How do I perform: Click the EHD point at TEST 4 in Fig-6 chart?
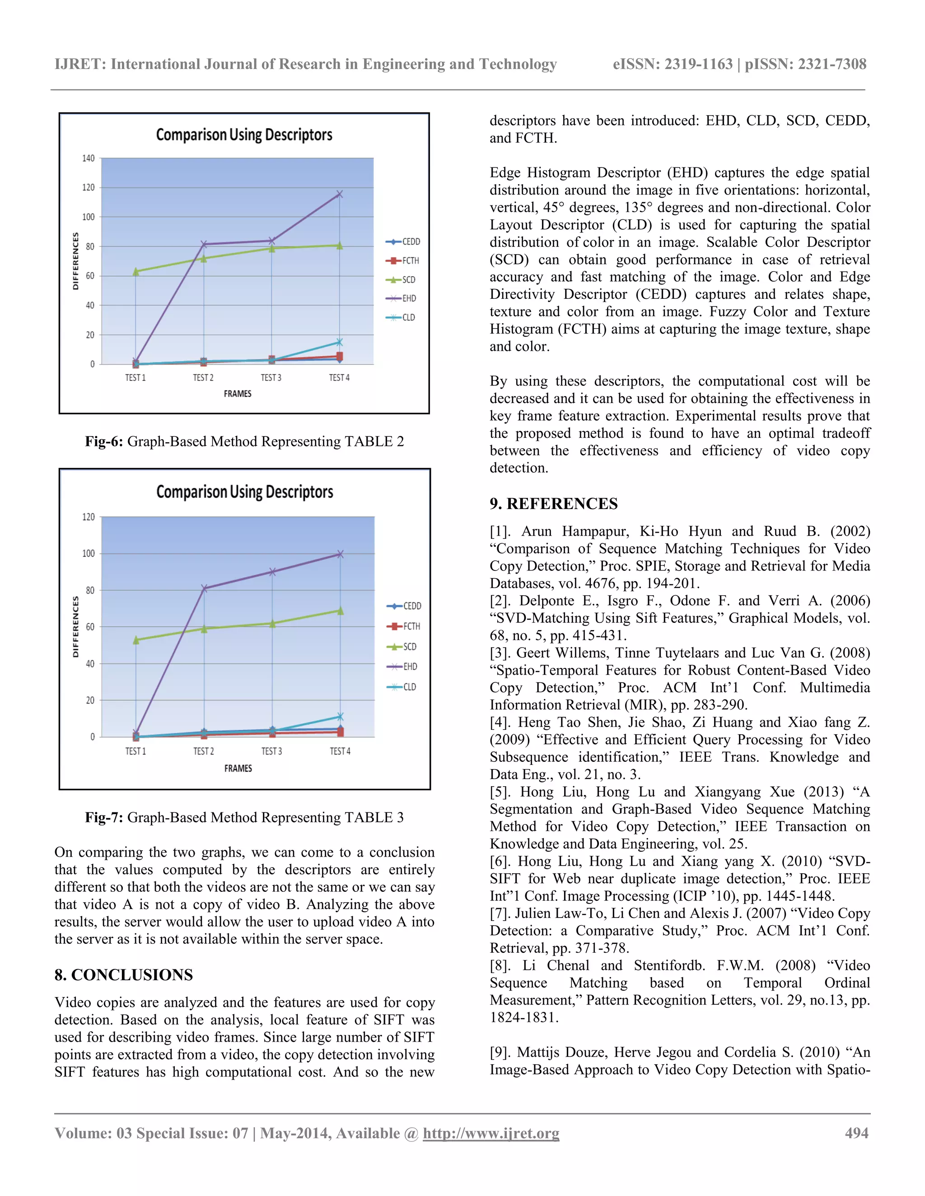(x=339, y=194)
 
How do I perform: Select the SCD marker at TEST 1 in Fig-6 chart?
(x=136, y=271)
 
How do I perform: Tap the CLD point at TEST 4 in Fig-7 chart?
(x=340, y=716)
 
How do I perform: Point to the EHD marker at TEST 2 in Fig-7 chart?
(x=204, y=588)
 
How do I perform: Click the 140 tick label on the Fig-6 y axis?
(x=88, y=158)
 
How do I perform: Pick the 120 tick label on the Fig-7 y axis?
(x=88, y=517)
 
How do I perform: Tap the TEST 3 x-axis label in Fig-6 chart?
(x=271, y=378)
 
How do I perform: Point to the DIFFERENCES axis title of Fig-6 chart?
(x=75, y=261)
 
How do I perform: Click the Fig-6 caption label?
(x=103, y=441)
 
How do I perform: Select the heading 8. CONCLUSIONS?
(x=123, y=975)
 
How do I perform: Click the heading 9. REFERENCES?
(x=553, y=504)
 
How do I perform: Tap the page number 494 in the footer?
(x=856, y=1133)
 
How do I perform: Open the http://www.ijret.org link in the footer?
(x=491, y=1133)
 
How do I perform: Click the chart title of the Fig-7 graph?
(x=244, y=492)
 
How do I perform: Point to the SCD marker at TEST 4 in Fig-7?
(x=340, y=611)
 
